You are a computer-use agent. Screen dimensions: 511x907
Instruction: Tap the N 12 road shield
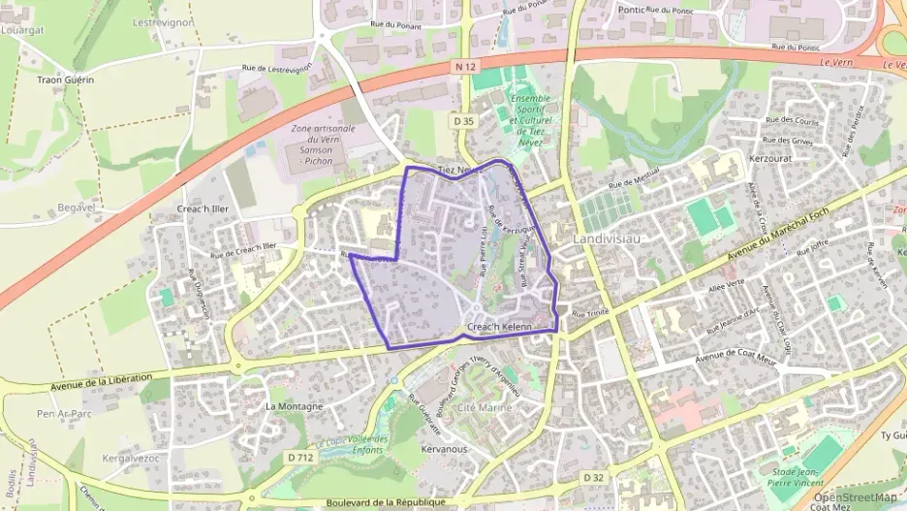467,67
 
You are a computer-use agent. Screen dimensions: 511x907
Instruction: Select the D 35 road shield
463,121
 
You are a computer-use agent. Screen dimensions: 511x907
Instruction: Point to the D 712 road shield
299,457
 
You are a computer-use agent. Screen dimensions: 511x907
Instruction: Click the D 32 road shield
595,477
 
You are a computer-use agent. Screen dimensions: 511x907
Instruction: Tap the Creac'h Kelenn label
499,328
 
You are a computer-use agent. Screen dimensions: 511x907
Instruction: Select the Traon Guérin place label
65,80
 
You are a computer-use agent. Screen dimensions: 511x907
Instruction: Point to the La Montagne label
294,406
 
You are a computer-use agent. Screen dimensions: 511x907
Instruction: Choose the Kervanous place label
446,450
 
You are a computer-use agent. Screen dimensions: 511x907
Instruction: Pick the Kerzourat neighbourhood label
772,156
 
